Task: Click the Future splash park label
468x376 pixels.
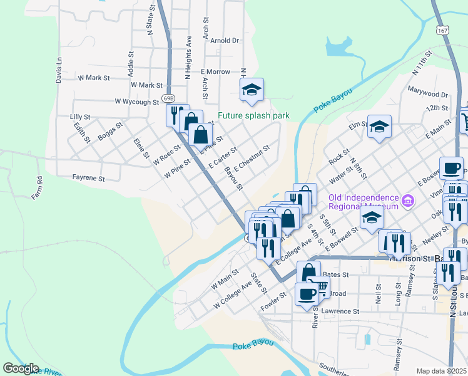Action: pos(253,116)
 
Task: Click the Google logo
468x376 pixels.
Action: pos(21,368)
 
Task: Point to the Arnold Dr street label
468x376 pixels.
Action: pos(225,40)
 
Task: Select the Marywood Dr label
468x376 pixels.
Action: pos(428,94)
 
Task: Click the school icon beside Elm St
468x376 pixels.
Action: pos(379,127)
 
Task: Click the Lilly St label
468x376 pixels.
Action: pos(81,117)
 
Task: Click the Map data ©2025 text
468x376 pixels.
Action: pos(442,371)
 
